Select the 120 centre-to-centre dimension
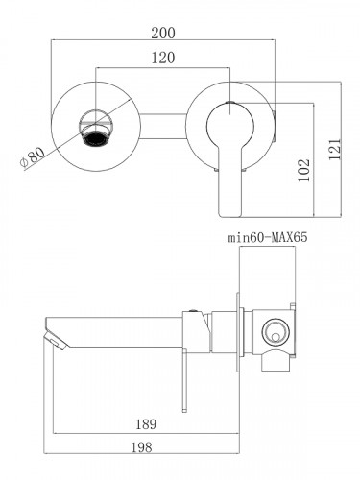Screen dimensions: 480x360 (164, 58)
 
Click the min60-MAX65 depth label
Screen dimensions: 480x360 (267, 235)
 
